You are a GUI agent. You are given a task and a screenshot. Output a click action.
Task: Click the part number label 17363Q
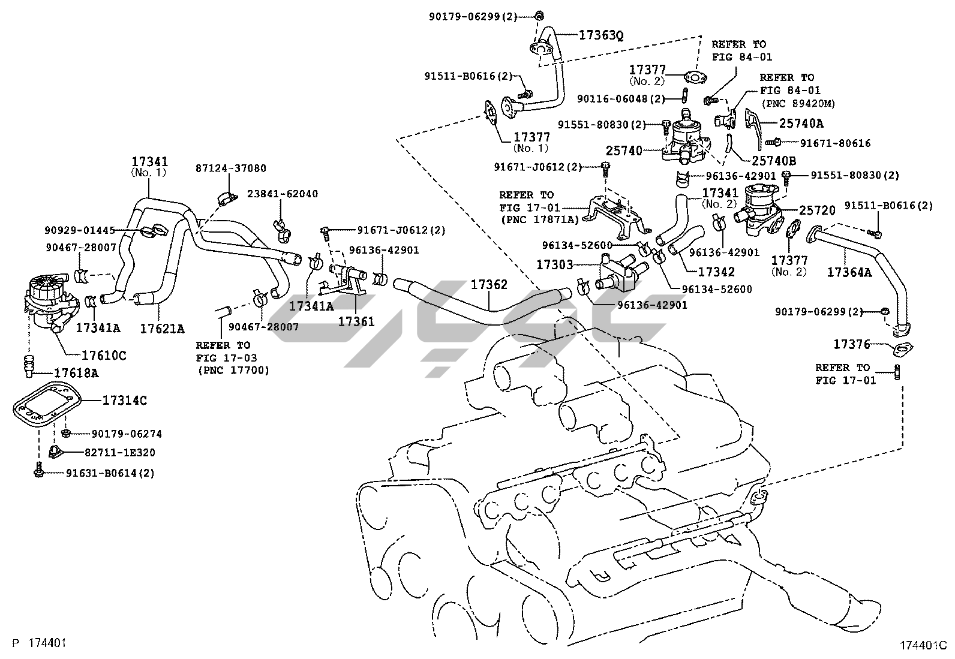[x=601, y=35]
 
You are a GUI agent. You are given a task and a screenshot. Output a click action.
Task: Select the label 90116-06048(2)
[x=621, y=98]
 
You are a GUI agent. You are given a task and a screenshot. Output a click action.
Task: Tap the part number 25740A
[x=801, y=124]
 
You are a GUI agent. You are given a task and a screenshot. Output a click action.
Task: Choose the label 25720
[x=817, y=210]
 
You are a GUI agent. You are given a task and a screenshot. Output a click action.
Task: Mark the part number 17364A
[x=849, y=272]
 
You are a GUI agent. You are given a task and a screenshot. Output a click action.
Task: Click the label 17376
[x=851, y=344]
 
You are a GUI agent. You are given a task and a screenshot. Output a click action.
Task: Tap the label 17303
[x=555, y=264]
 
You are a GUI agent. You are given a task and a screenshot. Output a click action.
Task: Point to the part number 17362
[x=488, y=285]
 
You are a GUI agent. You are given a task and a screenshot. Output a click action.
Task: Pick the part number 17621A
[x=162, y=328]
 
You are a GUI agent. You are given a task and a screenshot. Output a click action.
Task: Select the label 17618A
[x=76, y=373]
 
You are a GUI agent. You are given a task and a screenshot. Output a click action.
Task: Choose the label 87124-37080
[x=231, y=169]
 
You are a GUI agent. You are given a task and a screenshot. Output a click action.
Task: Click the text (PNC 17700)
[x=233, y=371]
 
